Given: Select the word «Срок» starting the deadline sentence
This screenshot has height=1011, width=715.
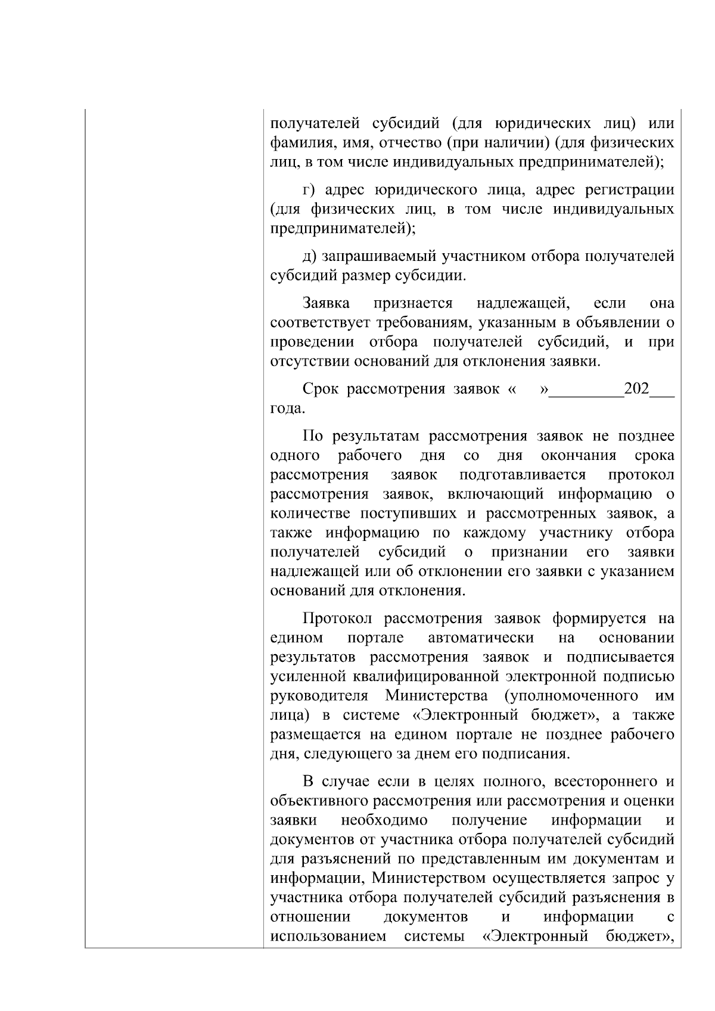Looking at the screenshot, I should pyautogui.click(x=321, y=390).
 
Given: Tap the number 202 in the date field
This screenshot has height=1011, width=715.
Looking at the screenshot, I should pyautogui.click(x=636, y=390).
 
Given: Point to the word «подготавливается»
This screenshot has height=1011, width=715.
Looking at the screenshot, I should pyautogui.click(x=523, y=475).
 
